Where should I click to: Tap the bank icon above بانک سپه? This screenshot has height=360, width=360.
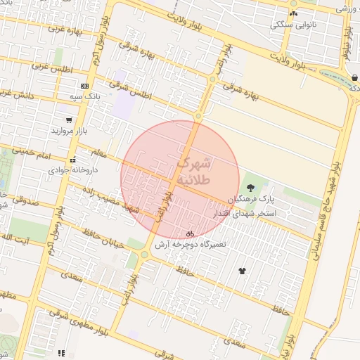tap(84, 86)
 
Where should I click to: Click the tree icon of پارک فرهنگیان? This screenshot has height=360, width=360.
tap(250, 187)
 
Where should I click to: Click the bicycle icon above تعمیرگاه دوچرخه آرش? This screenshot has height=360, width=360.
tap(189, 233)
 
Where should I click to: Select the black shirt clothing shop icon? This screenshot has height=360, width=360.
tap(243, 270)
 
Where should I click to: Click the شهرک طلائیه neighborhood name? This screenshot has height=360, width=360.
tap(192, 171)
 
